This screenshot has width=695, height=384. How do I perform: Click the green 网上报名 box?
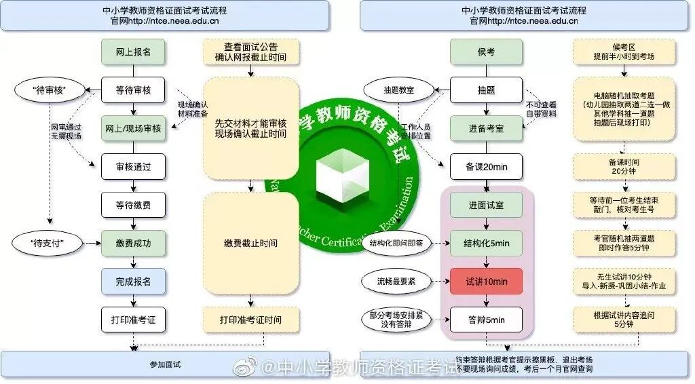pyautogui.click(x=133, y=52)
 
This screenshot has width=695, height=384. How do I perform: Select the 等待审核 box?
pyautogui.click(x=133, y=90)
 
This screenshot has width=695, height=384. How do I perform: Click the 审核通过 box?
pyautogui.click(x=133, y=166)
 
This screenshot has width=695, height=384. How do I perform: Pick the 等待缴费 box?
pyautogui.click(x=133, y=204)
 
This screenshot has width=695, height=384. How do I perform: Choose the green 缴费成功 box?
pyautogui.click(x=133, y=243)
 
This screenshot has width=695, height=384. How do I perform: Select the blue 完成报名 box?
pyautogui.click(x=133, y=281)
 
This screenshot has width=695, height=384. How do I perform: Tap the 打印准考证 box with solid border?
pyautogui.click(x=133, y=320)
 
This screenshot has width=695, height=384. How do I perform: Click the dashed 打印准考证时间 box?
pyautogui.click(x=250, y=320)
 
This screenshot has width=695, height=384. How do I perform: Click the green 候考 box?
pyautogui.click(x=486, y=52)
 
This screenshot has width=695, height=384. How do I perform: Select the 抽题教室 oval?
pyautogui.click(x=399, y=90)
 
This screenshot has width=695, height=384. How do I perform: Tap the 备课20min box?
pyautogui.click(x=486, y=166)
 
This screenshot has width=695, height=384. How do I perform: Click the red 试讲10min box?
pyautogui.click(x=486, y=281)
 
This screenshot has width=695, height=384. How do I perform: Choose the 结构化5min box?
pyautogui.click(x=486, y=243)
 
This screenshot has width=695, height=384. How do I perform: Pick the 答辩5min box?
pyautogui.click(x=486, y=320)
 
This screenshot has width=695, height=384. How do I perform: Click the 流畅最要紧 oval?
pyautogui.click(x=396, y=281)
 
